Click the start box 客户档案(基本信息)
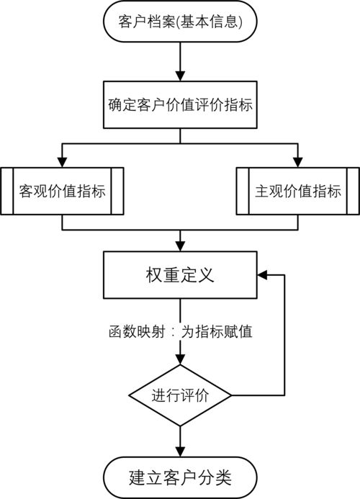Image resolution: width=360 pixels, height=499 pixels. [x=180, y=22]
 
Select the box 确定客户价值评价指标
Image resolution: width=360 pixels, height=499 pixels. [x=180, y=104]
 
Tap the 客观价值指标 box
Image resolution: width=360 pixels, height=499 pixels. [x=62, y=191]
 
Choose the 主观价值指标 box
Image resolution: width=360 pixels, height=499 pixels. [x=298, y=191]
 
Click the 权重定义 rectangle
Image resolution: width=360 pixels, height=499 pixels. [x=180, y=275]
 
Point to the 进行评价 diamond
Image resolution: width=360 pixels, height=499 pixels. [x=180, y=395]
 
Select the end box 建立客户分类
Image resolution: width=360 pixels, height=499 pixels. [x=180, y=477]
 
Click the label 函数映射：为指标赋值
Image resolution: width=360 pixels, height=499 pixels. [x=181, y=332]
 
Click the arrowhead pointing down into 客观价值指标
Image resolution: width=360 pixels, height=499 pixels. [x=62, y=162]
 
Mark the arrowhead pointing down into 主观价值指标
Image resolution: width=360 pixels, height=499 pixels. [x=298, y=162]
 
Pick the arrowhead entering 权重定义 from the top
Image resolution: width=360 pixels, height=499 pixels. [x=180, y=246]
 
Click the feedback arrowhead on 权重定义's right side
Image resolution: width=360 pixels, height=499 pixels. [x=262, y=275]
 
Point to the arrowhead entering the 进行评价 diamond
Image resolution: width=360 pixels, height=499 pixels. [x=180, y=359]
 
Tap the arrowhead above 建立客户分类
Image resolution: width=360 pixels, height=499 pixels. [x=180, y=452]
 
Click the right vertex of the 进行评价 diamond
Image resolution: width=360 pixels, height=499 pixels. [x=231, y=395]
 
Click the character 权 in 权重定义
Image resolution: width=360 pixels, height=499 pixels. [x=154, y=275]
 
